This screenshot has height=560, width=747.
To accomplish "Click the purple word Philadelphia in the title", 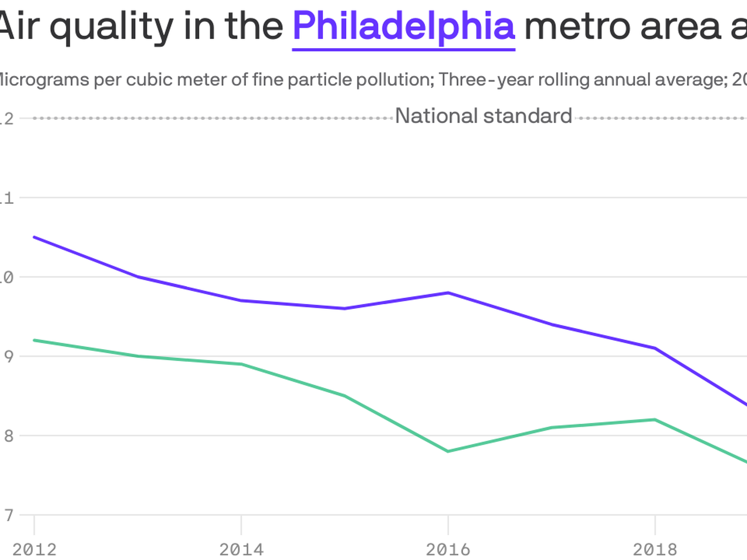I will (403, 26).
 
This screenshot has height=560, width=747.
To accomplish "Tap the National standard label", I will (483, 116).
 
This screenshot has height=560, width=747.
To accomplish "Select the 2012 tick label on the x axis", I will (34, 549).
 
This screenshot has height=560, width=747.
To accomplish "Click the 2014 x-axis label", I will (241, 549).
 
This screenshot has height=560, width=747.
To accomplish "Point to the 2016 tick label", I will (448, 549).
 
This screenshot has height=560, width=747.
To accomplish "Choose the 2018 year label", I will (655, 549).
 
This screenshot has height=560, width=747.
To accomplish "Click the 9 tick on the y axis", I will (8, 357).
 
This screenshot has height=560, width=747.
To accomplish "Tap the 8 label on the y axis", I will (8, 436).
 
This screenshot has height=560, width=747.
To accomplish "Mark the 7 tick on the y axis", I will (8, 515).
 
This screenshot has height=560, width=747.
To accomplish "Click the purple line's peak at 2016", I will (448, 293).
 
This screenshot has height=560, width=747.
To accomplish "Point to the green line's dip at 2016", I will (448, 451).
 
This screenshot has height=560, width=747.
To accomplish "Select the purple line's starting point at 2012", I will (35, 237).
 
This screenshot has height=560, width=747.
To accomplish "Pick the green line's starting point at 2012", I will (35, 340).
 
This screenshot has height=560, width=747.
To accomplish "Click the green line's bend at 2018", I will (655, 420).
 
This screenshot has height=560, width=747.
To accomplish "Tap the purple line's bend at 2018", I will (655, 348).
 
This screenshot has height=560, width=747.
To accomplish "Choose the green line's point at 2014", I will (241, 364).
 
